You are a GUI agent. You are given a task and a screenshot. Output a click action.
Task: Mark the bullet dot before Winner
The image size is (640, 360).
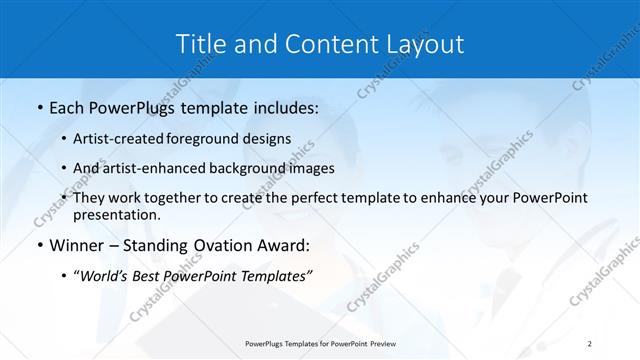coord(38,246)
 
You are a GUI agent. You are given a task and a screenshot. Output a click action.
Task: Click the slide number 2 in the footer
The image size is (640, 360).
coord(590,344)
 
